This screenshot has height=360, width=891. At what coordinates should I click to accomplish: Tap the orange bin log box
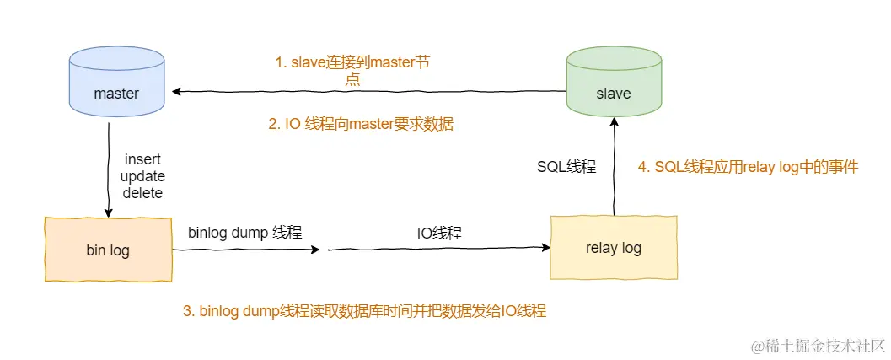click(108, 250)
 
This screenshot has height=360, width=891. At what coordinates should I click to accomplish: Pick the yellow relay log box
click(613, 248)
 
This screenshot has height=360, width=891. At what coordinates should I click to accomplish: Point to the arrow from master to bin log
click(108, 169)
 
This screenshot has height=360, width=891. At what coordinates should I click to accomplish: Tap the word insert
click(142, 159)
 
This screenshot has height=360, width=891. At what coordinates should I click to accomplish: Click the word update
click(142, 176)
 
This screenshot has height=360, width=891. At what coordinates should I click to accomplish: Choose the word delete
click(142, 193)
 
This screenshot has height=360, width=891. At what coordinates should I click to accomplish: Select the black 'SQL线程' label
click(566, 167)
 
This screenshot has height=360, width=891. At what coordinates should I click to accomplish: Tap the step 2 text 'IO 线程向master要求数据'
click(361, 124)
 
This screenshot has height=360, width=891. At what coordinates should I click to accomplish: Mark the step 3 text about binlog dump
click(364, 310)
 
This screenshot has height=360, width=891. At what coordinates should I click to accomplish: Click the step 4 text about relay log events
click(748, 167)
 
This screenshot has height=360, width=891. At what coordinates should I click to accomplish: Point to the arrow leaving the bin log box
click(244, 250)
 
